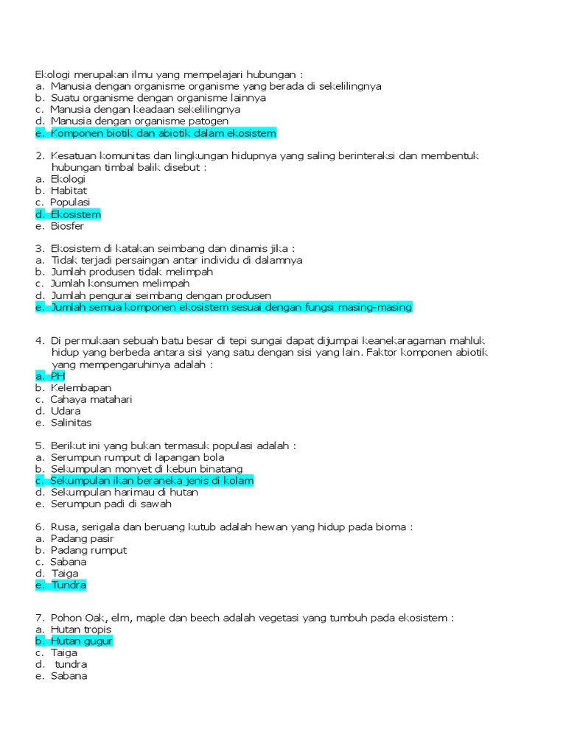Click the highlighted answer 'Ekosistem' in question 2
pyautogui.click(x=75, y=214)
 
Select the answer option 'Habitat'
pyautogui.click(x=69, y=191)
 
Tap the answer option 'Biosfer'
pyautogui.click(x=67, y=226)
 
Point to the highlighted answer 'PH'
pyautogui.click(x=57, y=376)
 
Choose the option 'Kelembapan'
pyautogui.click(x=80, y=387)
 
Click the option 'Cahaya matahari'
pyautogui.click(x=91, y=399)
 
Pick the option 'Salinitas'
pyautogui.click(x=71, y=423)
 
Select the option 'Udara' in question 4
pyautogui.click(x=66, y=411)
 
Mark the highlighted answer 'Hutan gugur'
pyautogui.click(x=81, y=641)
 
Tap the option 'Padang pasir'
pyautogui.click(x=82, y=538)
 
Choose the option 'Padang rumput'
pyautogui.click(x=88, y=550)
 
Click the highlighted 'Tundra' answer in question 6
pyautogui.click(x=69, y=585)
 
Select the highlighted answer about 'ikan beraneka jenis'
pyautogui.click(x=152, y=481)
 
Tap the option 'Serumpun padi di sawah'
pyautogui.click(x=111, y=504)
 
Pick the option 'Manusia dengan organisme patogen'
pyautogui.click(x=139, y=121)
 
